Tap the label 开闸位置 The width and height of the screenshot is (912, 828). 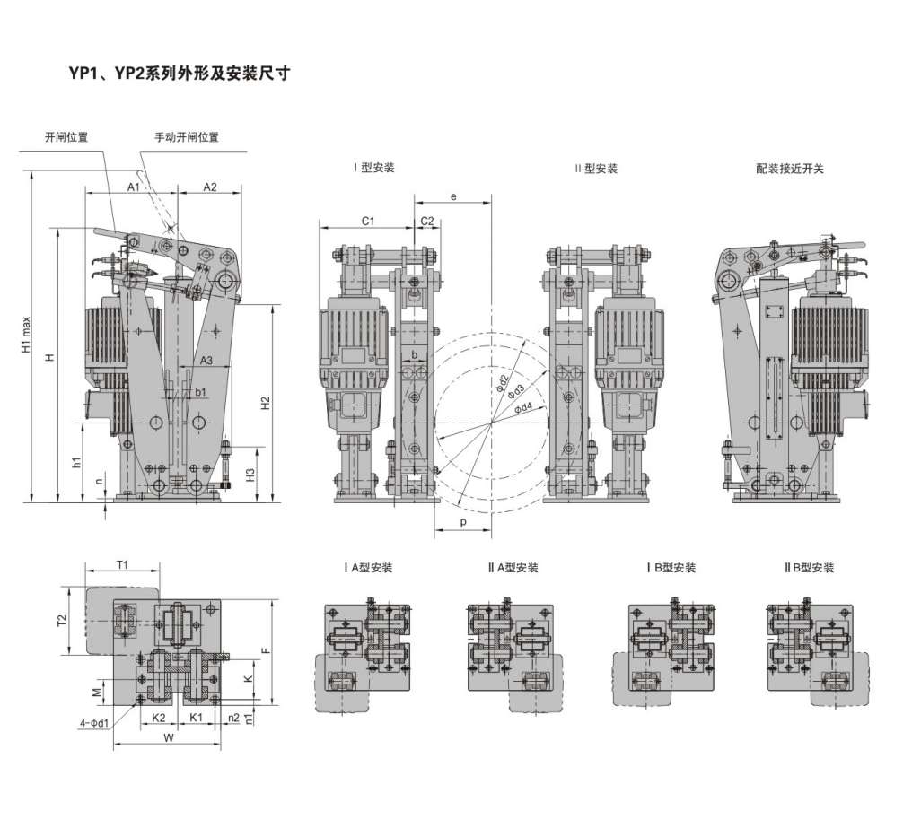coord(66,137)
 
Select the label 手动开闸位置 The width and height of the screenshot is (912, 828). coord(187,137)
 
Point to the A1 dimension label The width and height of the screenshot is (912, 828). coord(132,187)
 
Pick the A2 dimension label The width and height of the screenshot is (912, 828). coord(209,187)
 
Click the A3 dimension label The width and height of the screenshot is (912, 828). coord(206,361)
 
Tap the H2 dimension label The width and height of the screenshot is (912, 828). coord(265,403)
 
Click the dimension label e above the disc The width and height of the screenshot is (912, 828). coord(453,196)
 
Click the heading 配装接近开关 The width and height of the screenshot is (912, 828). coord(790,168)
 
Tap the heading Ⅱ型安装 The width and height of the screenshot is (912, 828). coord(596,168)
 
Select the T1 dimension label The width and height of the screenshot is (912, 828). coord(122,564)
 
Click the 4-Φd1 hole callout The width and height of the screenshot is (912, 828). coord(94,723)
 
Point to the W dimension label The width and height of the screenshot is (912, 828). coord(169,738)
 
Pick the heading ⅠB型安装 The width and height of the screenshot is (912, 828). coord(671,568)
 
